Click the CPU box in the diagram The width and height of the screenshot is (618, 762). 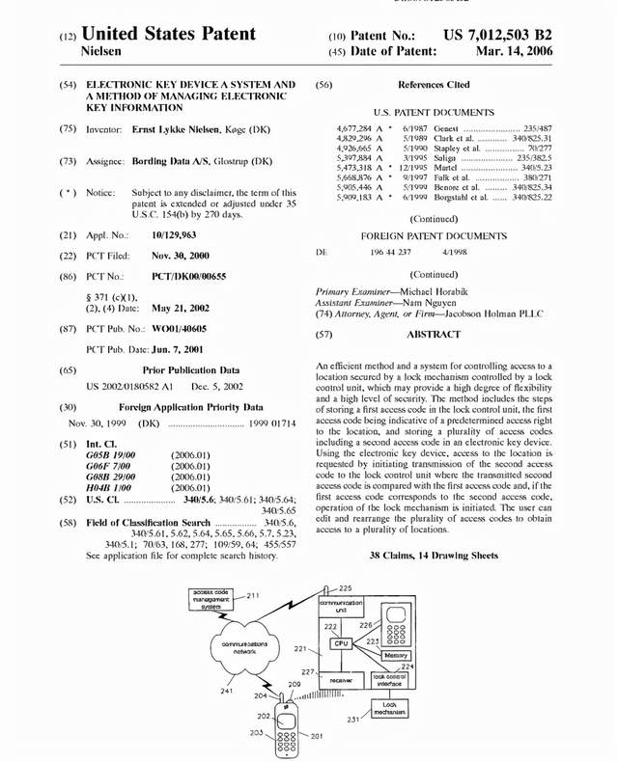click(340, 642)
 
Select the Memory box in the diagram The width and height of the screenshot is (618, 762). click(397, 656)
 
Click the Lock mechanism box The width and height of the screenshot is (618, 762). click(390, 710)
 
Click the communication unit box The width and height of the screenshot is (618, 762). click(340, 606)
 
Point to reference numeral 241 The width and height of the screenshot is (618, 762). click(225, 691)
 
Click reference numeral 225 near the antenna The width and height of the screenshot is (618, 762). click(345, 587)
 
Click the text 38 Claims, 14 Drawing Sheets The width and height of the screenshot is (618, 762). click(434, 556)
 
